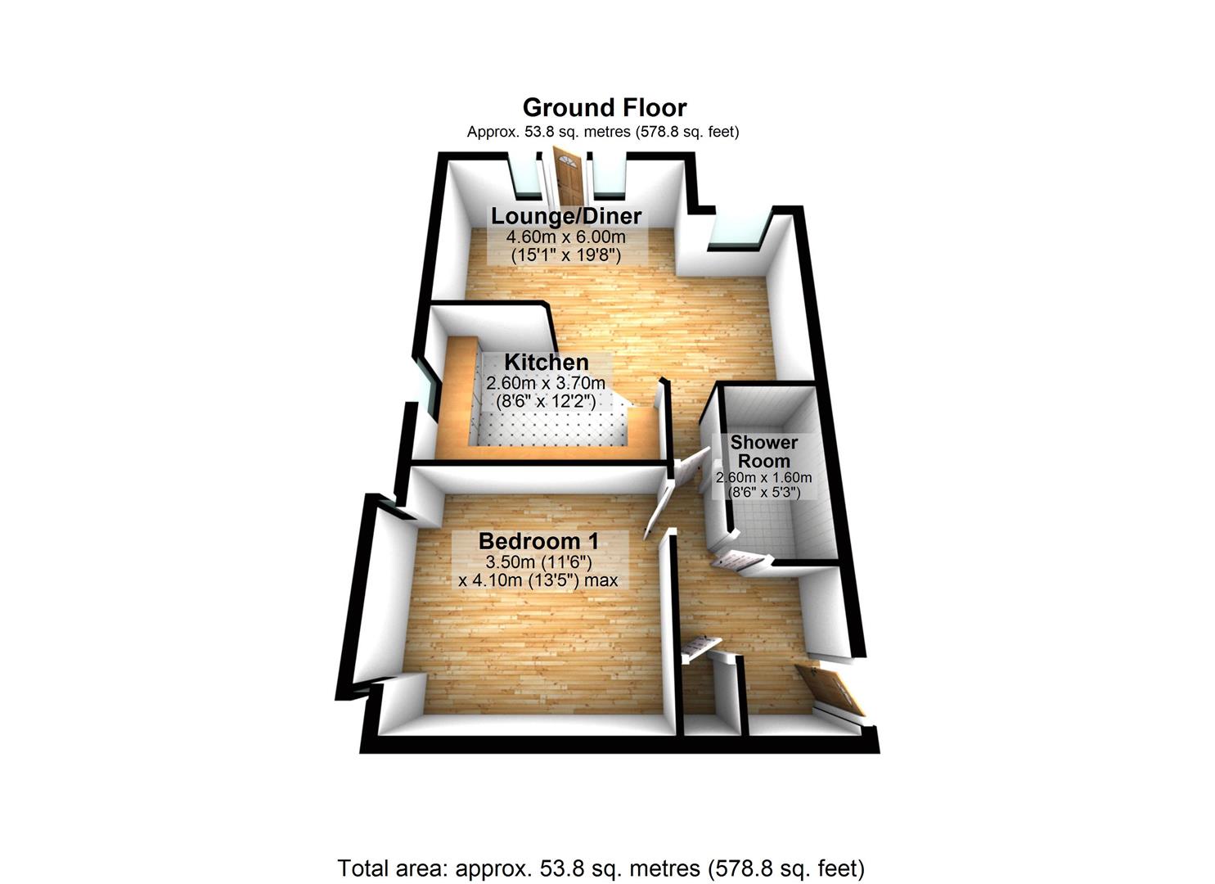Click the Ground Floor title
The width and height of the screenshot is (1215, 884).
(x=605, y=107)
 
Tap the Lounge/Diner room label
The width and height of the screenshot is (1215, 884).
(x=566, y=216)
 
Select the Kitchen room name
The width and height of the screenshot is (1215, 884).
(x=546, y=362)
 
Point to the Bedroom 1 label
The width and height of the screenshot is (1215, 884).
(x=539, y=541)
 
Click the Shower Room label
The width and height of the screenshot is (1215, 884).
(x=764, y=452)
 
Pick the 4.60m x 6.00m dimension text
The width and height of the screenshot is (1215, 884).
(x=566, y=237)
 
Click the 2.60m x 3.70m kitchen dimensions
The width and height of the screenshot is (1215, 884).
(x=546, y=383)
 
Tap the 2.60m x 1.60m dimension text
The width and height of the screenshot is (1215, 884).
(x=764, y=478)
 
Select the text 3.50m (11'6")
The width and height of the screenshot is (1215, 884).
(x=538, y=562)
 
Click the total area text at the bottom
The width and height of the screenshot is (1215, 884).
(x=601, y=868)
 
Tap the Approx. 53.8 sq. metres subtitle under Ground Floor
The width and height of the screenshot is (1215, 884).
(x=603, y=132)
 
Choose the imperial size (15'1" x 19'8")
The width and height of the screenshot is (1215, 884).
(x=566, y=255)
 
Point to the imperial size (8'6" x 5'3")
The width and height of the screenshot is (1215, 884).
(x=764, y=493)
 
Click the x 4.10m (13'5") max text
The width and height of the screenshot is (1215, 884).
(x=538, y=580)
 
